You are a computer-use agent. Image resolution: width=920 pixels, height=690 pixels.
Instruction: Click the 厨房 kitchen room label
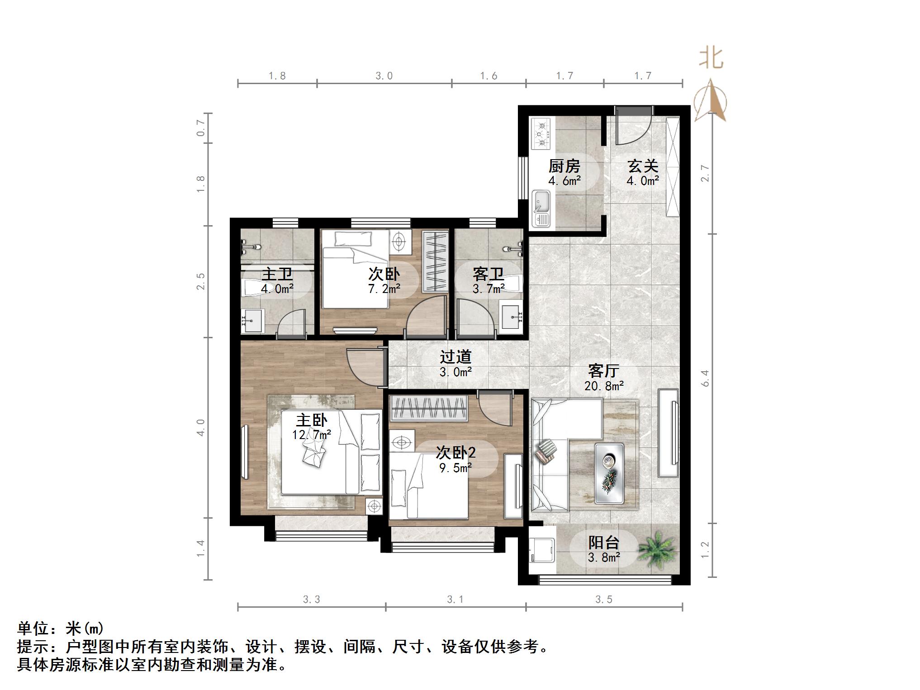(x=564, y=167)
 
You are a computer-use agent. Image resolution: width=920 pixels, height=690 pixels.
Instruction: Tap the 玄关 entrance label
(x=642, y=166)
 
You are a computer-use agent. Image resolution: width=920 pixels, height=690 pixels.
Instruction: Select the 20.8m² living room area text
(x=604, y=386)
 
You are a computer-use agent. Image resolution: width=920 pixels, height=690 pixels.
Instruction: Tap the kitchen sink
(x=541, y=208)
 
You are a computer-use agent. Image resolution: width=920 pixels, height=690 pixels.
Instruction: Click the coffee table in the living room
(x=610, y=473)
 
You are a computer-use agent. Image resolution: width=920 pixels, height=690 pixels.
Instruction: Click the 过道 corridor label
(x=455, y=357)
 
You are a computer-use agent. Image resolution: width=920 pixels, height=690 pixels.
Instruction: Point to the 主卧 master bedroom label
(x=311, y=421)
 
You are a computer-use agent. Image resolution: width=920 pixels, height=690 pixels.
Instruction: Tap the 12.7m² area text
(x=311, y=435)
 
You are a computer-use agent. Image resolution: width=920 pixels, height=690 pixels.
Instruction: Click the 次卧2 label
(x=455, y=453)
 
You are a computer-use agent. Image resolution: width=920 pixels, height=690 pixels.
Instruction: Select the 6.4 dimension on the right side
(x=705, y=378)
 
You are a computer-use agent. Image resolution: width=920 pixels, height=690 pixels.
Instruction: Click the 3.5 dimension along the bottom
(x=603, y=600)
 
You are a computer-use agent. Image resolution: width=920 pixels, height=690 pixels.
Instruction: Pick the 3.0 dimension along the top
(x=384, y=76)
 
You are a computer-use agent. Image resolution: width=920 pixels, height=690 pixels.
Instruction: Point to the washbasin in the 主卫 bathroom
(x=252, y=320)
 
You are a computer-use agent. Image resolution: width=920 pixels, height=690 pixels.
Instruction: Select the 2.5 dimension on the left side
(x=201, y=281)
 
